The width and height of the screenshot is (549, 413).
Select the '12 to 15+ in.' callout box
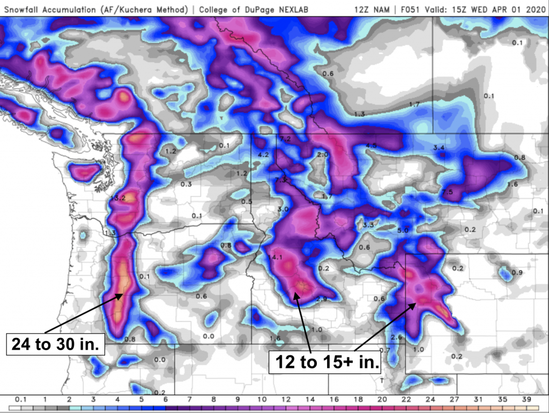(325, 363)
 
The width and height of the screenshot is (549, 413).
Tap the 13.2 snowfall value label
(117, 198)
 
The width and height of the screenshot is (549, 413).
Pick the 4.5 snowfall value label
(371, 145)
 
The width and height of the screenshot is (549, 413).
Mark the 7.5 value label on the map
(448, 192)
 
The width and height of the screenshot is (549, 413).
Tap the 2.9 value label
(321, 299)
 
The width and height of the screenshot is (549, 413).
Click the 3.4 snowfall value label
(439, 147)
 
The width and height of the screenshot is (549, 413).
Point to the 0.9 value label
(517, 272)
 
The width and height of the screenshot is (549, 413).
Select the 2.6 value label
(396, 337)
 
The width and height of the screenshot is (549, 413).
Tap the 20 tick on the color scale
(382, 399)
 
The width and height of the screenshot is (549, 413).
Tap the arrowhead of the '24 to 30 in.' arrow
(123, 293)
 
